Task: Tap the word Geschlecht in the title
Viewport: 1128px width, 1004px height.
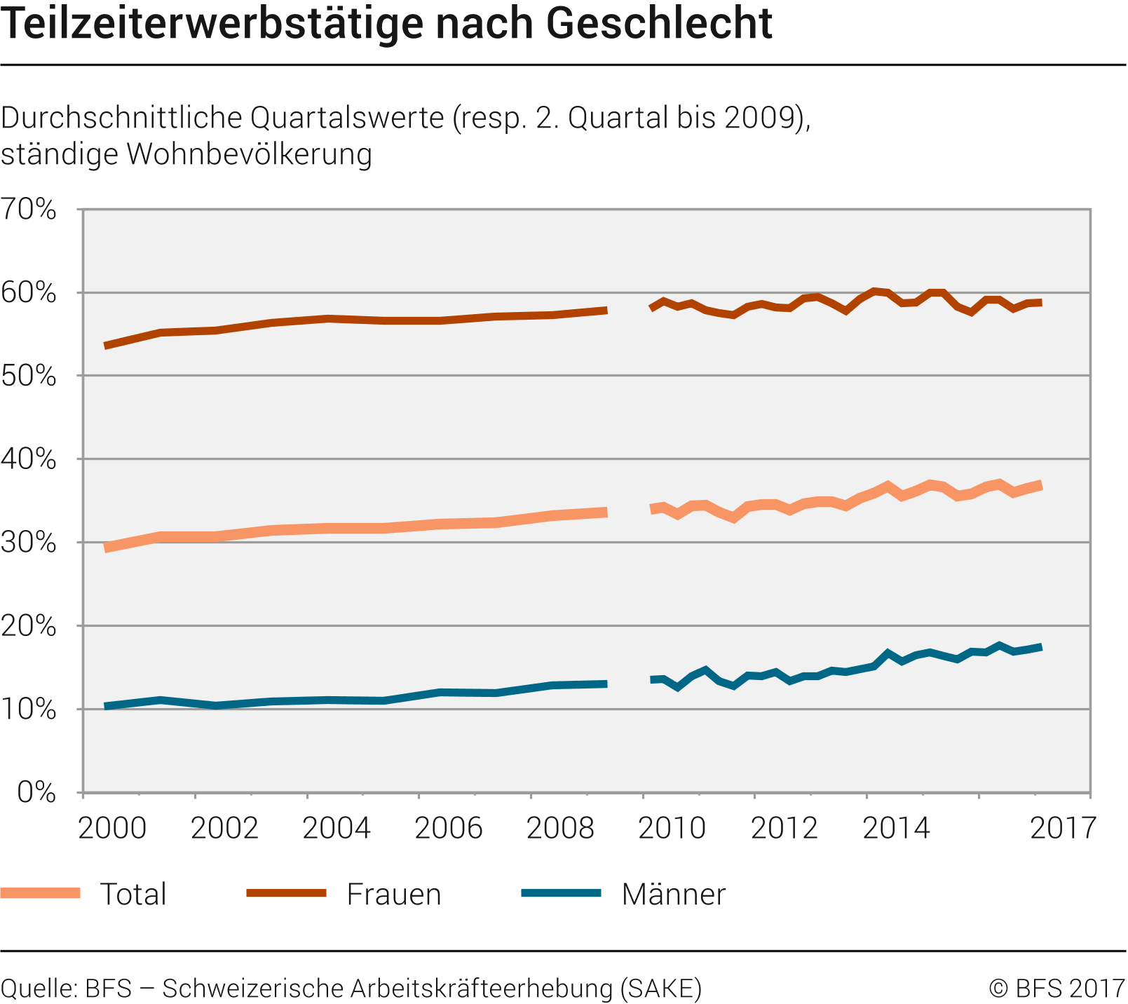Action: click(x=659, y=24)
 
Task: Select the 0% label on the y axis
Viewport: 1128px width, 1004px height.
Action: click(x=36, y=792)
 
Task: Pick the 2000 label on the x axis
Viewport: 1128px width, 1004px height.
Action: click(x=112, y=828)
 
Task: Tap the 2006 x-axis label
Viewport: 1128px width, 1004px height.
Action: click(x=449, y=828)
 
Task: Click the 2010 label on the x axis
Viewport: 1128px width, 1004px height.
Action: click(x=672, y=828)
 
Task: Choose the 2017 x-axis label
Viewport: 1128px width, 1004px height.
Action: click(x=1063, y=828)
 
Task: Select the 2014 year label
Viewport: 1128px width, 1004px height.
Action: click(x=896, y=828)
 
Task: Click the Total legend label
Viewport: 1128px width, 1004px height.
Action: click(x=133, y=895)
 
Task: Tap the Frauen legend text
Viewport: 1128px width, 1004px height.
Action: click(x=394, y=895)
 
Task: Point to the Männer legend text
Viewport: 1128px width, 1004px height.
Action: click(x=674, y=895)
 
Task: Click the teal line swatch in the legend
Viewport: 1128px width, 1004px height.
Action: click(x=562, y=893)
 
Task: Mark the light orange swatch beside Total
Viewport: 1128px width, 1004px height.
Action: click(x=41, y=893)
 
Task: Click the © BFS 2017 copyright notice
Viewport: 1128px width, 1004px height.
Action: click(x=1057, y=989)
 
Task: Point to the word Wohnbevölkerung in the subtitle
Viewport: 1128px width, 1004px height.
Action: click(x=250, y=154)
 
